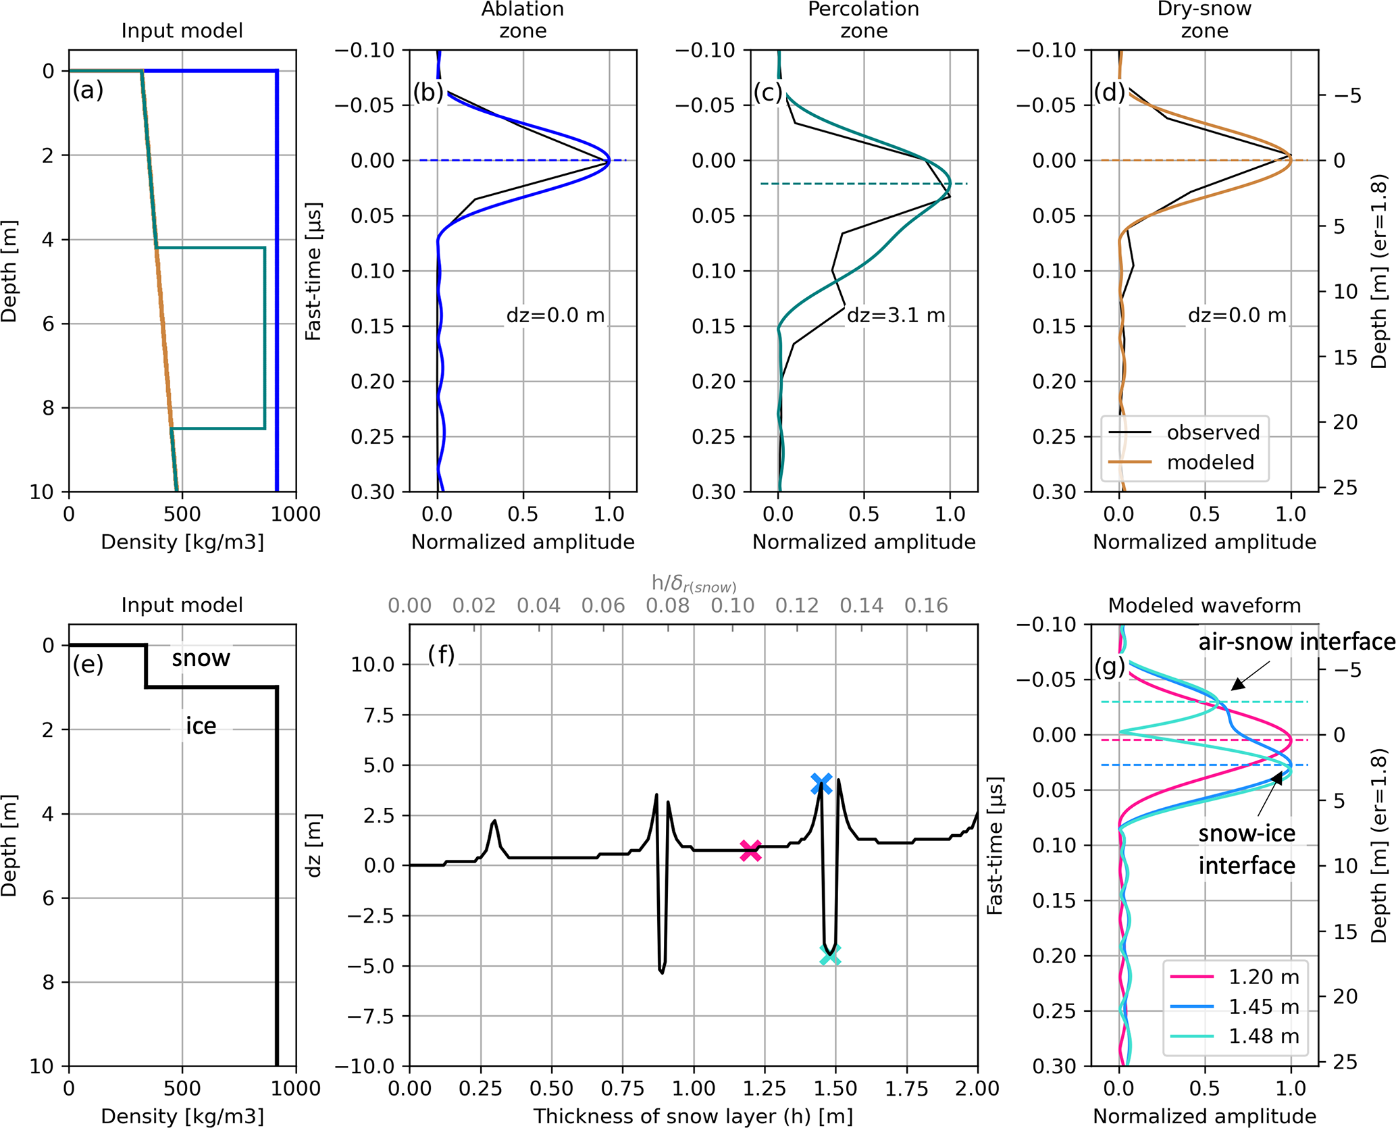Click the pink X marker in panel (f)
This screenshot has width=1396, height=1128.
750,851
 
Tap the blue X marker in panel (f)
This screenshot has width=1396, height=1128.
821,784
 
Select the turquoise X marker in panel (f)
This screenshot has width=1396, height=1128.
830,954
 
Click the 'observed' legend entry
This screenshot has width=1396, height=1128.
1213,432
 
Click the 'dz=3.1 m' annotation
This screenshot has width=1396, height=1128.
896,315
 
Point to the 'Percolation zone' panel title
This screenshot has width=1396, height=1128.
863,20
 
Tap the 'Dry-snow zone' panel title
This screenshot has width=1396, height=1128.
1204,20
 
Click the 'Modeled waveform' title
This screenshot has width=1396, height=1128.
1204,605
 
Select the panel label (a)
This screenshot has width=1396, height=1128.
88,90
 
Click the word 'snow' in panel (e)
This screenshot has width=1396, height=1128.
201,658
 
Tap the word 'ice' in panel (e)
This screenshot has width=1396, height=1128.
201,726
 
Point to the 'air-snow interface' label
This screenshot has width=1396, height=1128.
1296,642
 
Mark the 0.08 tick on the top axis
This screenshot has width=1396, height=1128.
667,605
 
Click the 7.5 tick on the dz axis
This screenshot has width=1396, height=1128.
380,715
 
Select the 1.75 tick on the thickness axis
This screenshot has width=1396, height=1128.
907,1088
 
